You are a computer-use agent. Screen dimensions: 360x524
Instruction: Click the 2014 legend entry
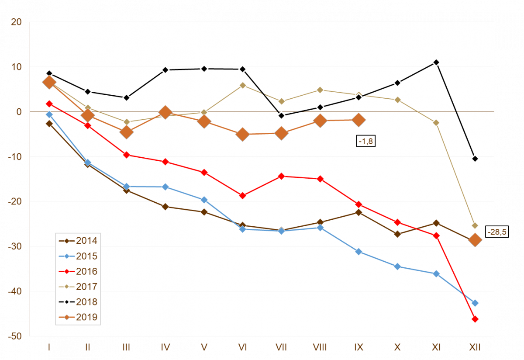coord(79,241)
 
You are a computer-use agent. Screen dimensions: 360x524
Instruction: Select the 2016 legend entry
coord(79,271)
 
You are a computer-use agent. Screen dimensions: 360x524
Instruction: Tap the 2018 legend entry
coord(79,302)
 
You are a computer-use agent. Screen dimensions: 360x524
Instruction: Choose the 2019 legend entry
coord(79,317)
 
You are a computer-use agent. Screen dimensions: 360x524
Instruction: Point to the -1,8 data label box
coord(366,141)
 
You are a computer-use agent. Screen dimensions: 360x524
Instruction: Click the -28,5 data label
coord(496,232)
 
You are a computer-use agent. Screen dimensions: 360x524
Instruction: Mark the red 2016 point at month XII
coord(475,319)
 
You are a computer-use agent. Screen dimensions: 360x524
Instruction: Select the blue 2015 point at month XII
coord(475,303)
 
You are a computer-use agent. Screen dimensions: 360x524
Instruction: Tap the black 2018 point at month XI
coord(436,62)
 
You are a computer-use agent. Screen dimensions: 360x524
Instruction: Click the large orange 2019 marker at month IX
coord(359,120)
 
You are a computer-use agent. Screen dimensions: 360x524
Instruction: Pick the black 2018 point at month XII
coord(475,159)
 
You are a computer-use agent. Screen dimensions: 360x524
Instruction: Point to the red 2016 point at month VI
coord(242,196)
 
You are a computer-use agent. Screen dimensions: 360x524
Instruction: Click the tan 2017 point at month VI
coord(242,85)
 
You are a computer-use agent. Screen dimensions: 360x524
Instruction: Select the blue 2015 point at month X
coord(397,267)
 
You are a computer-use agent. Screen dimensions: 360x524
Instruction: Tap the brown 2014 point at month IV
coord(165,207)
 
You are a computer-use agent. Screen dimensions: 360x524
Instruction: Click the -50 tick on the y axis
coord(16,336)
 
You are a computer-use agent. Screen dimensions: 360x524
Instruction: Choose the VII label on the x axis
coord(281,347)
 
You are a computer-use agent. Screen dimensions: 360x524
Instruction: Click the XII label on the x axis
coord(475,347)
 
